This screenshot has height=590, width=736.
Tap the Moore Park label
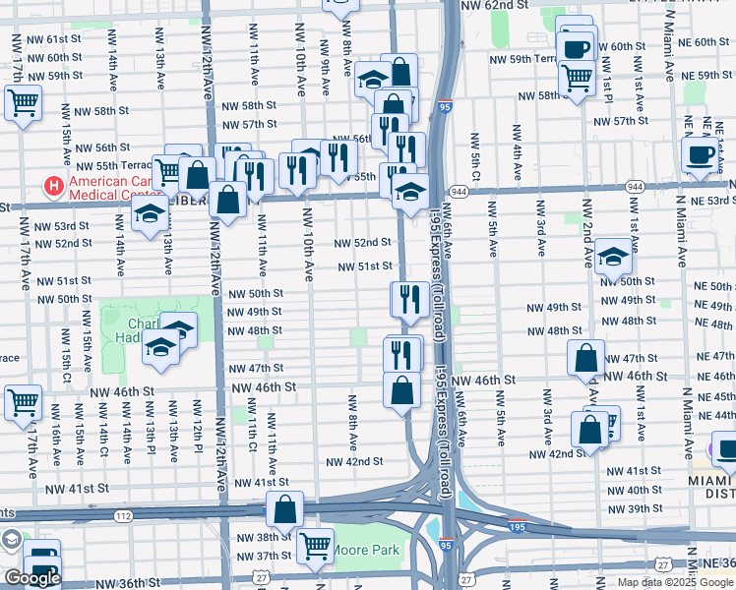[366, 550]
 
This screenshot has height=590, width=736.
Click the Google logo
[31, 578]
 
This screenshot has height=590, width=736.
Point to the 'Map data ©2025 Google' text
[675, 582]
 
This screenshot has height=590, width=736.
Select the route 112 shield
[121, 515]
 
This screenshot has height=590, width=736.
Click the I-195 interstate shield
[516, 527]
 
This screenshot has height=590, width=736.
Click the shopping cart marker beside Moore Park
[314, 543]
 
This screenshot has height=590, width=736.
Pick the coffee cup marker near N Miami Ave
[701, 153]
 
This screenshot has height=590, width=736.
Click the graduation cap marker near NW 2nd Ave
[613, 257]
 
